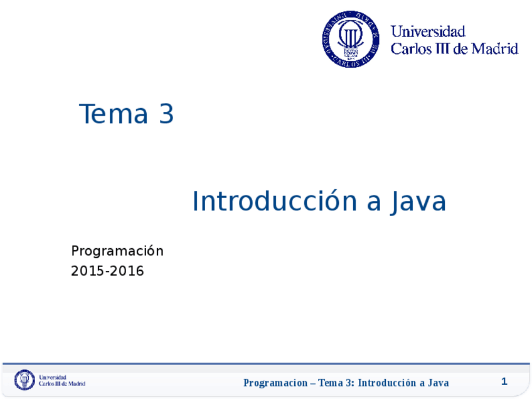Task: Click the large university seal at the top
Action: tap(351, 39)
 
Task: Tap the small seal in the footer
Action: tap(25, 380)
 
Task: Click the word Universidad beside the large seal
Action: tap(428, 31)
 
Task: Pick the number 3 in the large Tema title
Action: tap(166, 114)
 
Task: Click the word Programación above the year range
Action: tap(117, 251)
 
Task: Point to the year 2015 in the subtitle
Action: tap(87, 271)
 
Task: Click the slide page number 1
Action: tap(504, 381)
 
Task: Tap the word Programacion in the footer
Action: tap(275, 383)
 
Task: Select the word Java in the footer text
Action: tap(438, 383)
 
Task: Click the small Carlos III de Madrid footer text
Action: tap(62, 383)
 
